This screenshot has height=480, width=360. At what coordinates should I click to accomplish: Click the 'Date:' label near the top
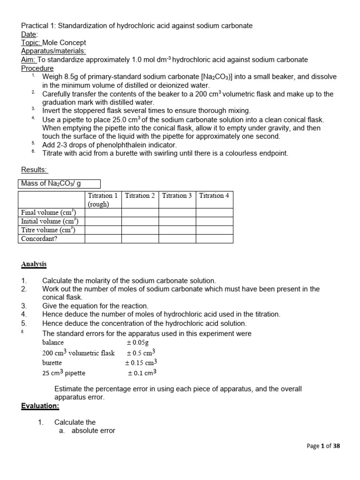pos(30,34)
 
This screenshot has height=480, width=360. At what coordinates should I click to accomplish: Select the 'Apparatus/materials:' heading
pos(53,51)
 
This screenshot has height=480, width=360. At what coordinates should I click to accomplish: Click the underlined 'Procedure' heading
pos(37,68)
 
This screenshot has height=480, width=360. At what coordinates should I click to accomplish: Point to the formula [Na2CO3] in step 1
pos(220,77)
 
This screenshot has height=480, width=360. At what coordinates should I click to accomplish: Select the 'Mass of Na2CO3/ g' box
pos(59,184)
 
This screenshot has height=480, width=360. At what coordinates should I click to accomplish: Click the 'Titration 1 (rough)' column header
pos(103,200)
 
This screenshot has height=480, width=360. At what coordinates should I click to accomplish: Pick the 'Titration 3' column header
pos(177,196)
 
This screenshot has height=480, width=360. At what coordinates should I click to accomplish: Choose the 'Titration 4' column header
pos(214,196)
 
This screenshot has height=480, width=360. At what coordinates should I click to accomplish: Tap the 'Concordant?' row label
pos(39,239)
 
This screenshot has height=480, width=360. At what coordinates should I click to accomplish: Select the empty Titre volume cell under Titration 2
pos(140,230)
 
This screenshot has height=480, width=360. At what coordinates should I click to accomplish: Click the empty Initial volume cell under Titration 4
pos(214,221)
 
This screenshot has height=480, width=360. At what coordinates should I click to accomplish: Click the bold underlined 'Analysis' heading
pos(34,264)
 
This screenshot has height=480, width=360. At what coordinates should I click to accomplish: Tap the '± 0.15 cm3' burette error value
pos(141,363)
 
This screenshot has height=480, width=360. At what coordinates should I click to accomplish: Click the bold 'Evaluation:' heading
pos(40,406)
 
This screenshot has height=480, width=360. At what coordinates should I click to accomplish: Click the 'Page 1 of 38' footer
pos(323,446)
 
